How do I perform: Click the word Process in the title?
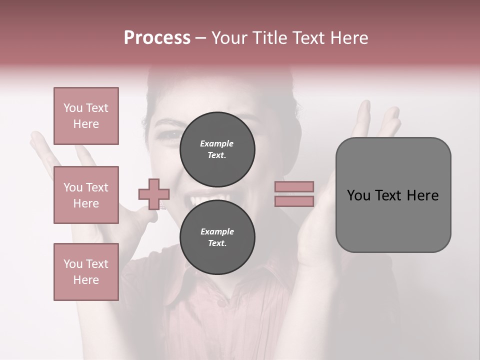(x=157, y=38)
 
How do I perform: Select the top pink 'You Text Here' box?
(x=86, y=116)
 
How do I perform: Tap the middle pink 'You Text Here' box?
(x=86, y=195)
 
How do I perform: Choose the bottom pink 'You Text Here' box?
(x=86, y=272)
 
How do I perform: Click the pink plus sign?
(x=154, y=194)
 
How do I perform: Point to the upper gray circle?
(x=217, y=149)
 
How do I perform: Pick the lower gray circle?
(x=217, y=237)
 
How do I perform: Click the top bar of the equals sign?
(x=294, y=186)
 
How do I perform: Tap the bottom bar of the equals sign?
(x=294, y=201)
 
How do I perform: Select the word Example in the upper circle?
(x=217, y=143)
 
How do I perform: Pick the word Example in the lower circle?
(x=217, y=231)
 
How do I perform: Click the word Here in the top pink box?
(x=86, y=124)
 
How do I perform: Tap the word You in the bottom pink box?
(x=73, y=264)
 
